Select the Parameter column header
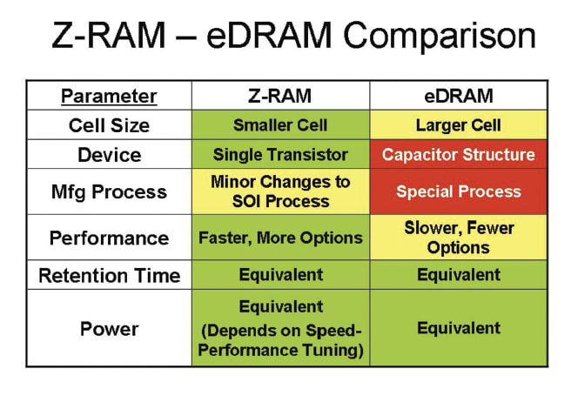pos(109,96)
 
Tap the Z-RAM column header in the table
pos(280,96)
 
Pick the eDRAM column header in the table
pos(458,96)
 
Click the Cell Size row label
pos(109,125)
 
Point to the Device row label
pos(109,155)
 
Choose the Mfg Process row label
pos(109,191)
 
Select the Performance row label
pos(109,238)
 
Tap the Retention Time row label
pos(109,276)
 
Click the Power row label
pos(109,328)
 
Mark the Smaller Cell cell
pos(280,125)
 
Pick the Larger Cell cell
pos(458,125)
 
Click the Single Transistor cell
pos(280,155)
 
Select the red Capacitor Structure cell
pos(458,155)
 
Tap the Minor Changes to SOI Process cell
pos(280,191)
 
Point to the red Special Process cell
pos(458,191)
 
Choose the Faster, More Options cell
pos(280,238)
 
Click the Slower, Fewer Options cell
pos(458,238)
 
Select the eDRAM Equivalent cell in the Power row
pos(458,328)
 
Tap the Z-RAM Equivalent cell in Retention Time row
pos(280,276)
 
